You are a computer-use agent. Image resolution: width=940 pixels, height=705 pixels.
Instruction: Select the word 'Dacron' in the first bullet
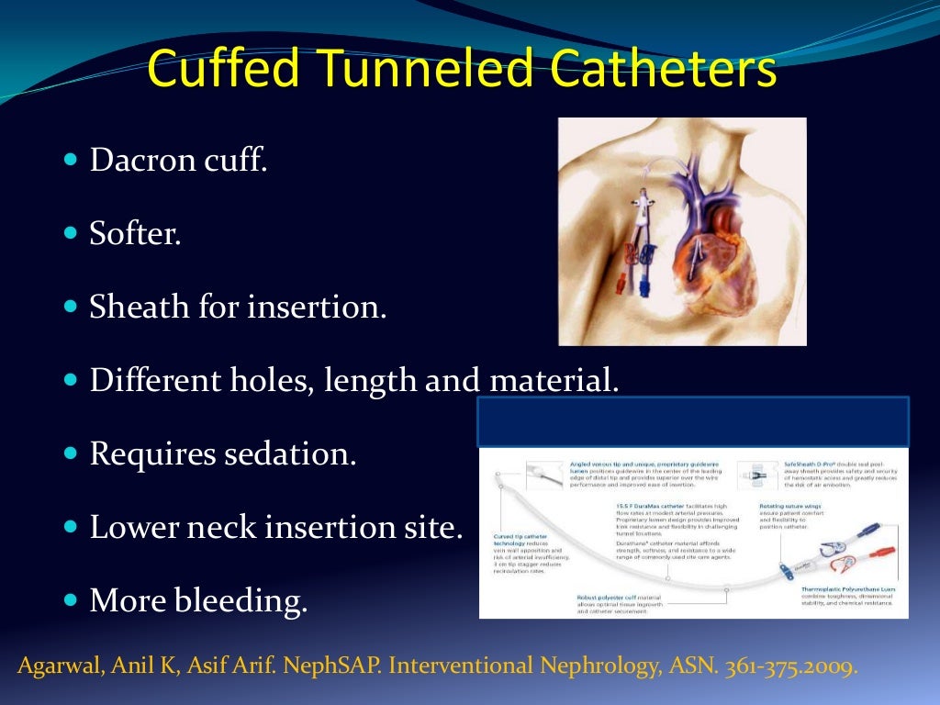[143, 161]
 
